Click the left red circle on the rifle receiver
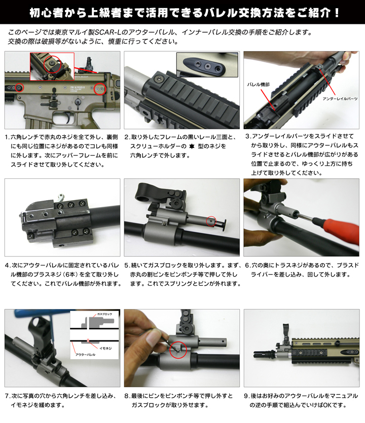[19, 87]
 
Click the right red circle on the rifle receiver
[100, 89]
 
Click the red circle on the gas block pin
[211, 221]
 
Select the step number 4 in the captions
[7, 265]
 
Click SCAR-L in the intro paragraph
[113, 33]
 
